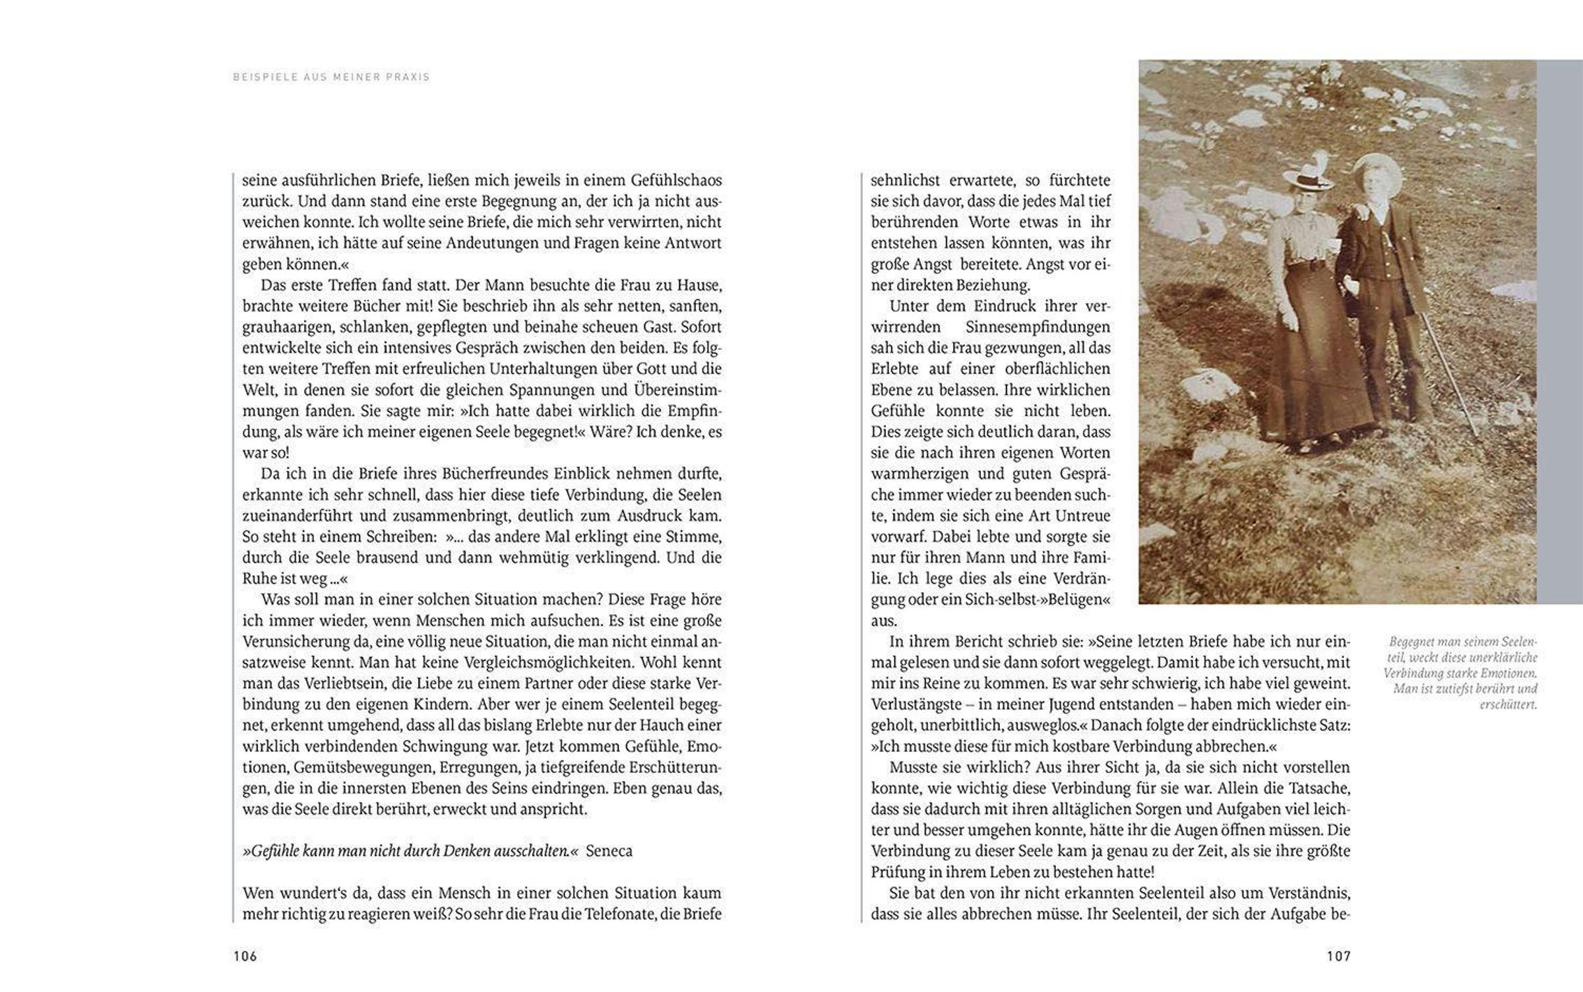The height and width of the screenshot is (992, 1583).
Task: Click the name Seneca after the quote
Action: click(x=609, y=851)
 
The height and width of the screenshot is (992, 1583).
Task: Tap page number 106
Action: click(x=245, y=956)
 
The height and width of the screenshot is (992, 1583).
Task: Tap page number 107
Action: click(x=1338, y=956)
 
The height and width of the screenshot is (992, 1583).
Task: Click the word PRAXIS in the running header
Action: click(x=411, y=77)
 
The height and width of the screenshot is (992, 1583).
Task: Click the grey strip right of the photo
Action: click(x=1559, y=330)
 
